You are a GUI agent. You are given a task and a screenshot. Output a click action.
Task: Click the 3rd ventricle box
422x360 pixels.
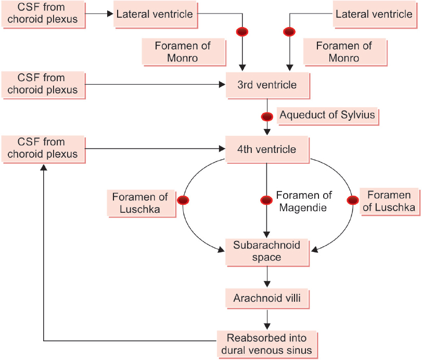tap(267, 85)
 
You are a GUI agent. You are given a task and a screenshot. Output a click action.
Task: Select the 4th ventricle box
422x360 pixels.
tap(267, 149)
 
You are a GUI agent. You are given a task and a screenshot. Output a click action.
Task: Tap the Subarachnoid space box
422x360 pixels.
tap(267, 252)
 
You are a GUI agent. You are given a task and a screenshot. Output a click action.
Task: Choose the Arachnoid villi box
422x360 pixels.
tap(267, 299)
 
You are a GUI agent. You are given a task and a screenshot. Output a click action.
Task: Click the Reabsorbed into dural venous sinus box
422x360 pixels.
tap(267, 344)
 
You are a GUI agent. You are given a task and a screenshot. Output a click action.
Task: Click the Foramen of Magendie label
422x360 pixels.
tap(304, 201)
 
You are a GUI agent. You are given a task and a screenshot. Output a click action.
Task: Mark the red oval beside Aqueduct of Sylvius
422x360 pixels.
tap(267, 117)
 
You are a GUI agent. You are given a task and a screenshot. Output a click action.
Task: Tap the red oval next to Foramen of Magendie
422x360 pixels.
tap(266, 200)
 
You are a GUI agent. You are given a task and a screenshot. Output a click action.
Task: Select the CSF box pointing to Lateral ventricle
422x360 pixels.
tap(43, 14)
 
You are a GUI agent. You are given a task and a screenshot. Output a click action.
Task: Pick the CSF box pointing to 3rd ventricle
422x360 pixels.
tap(43, 85)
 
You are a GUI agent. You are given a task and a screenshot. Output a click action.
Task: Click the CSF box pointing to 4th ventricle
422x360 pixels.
tap(43, 149)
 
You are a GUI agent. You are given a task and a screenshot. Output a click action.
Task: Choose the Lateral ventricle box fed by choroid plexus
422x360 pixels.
tap(155, 14)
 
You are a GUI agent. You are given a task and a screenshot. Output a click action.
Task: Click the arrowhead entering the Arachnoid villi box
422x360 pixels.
tap(267, 284)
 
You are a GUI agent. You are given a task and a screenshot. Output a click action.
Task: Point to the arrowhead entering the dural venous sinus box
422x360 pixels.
tap(267, 326)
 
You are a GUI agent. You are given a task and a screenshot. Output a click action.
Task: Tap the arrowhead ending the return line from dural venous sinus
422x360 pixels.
tap(44, 168)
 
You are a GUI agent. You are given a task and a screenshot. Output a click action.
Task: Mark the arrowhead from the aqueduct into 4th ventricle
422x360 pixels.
tap(267, 132)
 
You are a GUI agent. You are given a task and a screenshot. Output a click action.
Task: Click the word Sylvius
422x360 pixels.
tap(357, 115)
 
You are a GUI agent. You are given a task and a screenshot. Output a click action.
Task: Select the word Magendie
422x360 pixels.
tap(303, 208)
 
